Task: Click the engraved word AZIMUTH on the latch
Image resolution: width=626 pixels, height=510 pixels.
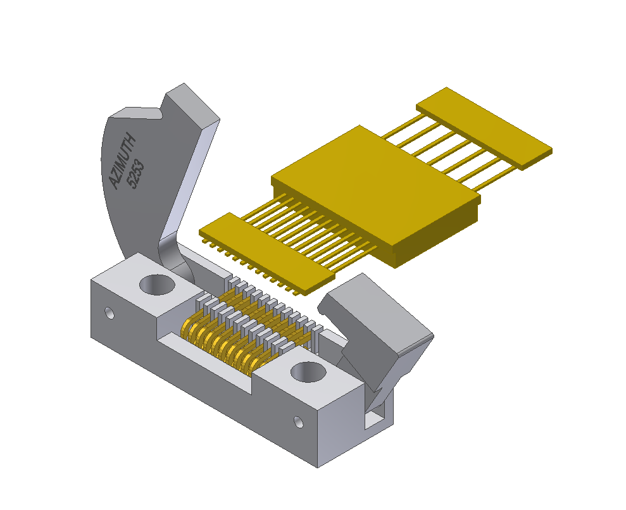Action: (123, 161)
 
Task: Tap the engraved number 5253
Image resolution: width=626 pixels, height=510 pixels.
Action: (135, 174)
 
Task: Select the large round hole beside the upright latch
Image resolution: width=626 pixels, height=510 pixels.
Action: (158, 285)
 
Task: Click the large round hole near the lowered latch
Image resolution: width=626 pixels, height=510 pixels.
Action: (308, 372)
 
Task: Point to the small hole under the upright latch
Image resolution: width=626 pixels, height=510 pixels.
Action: (109, 313)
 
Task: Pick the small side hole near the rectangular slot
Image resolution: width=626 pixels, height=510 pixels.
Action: (299, 422)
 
